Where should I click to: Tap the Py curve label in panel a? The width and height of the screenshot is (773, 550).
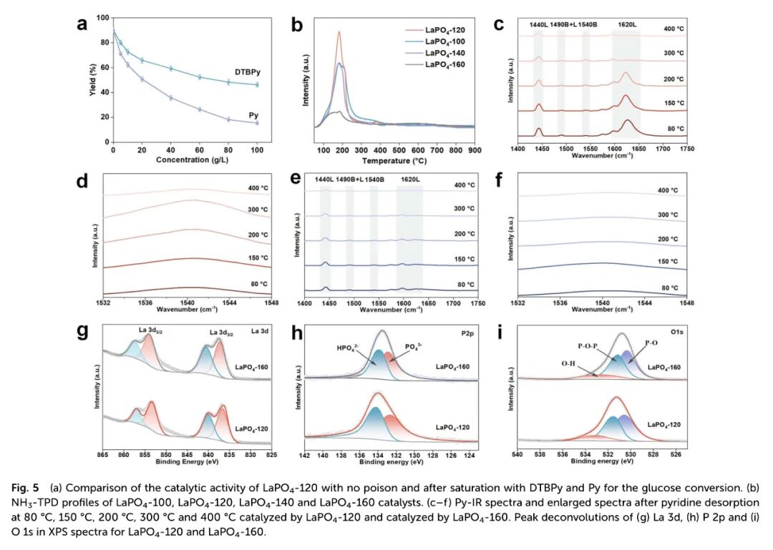point(253,114)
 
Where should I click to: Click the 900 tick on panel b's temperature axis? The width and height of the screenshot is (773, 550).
point(474,152)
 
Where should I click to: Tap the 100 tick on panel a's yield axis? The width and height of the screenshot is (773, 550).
point(104,18)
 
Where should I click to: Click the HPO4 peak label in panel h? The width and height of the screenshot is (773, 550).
point(350,350)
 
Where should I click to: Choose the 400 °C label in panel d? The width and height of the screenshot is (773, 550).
point(258,190)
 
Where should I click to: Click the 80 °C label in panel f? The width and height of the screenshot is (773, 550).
point(669,288)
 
